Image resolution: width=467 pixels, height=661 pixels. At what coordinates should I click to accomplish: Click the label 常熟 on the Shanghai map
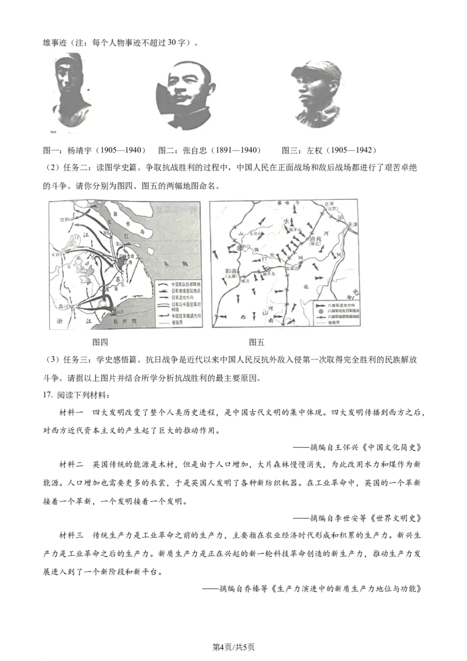[x=64, y=220]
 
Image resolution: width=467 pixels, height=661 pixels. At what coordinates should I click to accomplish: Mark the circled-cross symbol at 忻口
[x=239, y=248]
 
